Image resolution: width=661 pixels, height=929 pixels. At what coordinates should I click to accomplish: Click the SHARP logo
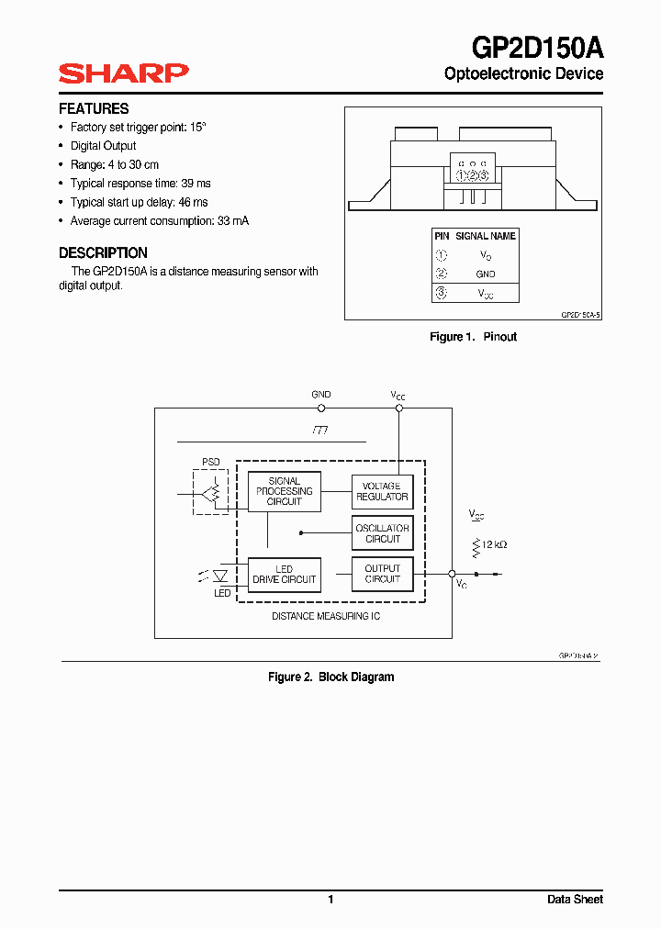[x=123, y=73]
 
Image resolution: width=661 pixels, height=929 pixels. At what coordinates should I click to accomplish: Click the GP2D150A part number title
[x=537, y=46]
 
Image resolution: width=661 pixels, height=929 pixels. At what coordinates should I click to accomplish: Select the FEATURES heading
[x=94, y=108]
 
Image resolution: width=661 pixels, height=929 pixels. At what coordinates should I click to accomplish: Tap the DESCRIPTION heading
[x=103, y=252]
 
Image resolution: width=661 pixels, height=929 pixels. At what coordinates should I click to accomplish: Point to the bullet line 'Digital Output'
[x=103, y=146]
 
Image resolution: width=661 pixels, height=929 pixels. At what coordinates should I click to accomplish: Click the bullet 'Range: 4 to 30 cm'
[x=114, y=164]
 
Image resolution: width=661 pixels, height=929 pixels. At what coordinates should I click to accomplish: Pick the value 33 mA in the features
[x=233, y=221]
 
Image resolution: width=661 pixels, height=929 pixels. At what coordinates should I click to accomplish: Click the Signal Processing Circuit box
[x=285, y=491]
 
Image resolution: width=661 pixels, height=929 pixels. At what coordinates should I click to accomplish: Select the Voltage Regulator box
[x=382, y=491]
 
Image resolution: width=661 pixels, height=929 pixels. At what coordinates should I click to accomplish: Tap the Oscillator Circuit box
[x=382, y=533]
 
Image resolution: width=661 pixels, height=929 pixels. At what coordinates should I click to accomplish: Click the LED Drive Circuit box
[x=285, y=575]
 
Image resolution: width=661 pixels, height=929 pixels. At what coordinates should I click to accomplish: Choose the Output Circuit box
[x=382, y=574]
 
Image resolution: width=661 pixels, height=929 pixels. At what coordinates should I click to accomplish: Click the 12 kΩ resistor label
[x=494, y=544]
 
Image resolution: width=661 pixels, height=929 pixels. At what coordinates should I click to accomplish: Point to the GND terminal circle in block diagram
[x=321, y=408]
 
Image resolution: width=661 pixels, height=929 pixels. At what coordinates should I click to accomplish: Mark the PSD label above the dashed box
[x=211, y=462]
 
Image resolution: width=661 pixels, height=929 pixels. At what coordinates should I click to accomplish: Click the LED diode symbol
[x=220, y=576]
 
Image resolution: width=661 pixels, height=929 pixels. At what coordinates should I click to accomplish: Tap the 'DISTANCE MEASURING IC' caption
[x=326, y=616]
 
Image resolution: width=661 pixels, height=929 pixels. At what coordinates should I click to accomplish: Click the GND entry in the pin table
[x=486, y=274]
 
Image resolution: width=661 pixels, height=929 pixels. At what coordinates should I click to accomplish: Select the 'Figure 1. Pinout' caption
[x=474, y=337]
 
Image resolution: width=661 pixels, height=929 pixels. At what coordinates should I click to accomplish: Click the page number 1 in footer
[x=330, y=900]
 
